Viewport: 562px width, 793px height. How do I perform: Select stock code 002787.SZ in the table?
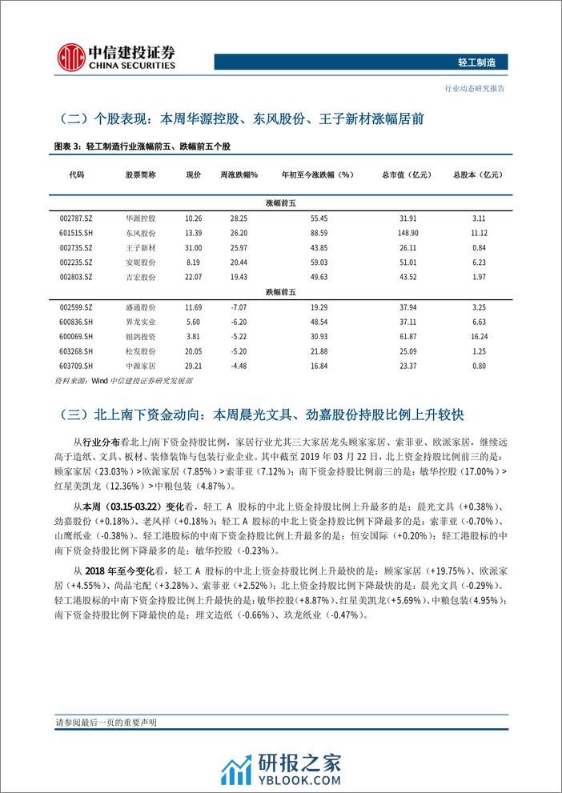[77, 218]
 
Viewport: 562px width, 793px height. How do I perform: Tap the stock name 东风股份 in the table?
[141, 233]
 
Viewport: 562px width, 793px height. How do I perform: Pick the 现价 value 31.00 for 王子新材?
[193, 247]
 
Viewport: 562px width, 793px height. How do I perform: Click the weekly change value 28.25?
[238, 218]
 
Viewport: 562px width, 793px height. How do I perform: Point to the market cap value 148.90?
[397, 233]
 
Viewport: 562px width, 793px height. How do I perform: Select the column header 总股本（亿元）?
[480, 174]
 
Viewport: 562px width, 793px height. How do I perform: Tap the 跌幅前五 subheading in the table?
[281, 292]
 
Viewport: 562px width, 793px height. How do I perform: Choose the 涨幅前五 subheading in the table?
[281, 203]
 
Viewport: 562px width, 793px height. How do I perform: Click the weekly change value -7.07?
[238, 307]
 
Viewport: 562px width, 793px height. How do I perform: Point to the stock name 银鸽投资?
[141, 337]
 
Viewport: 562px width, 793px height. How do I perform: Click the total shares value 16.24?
[480, 337]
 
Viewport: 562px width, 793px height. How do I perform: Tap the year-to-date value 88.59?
[317, 233]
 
